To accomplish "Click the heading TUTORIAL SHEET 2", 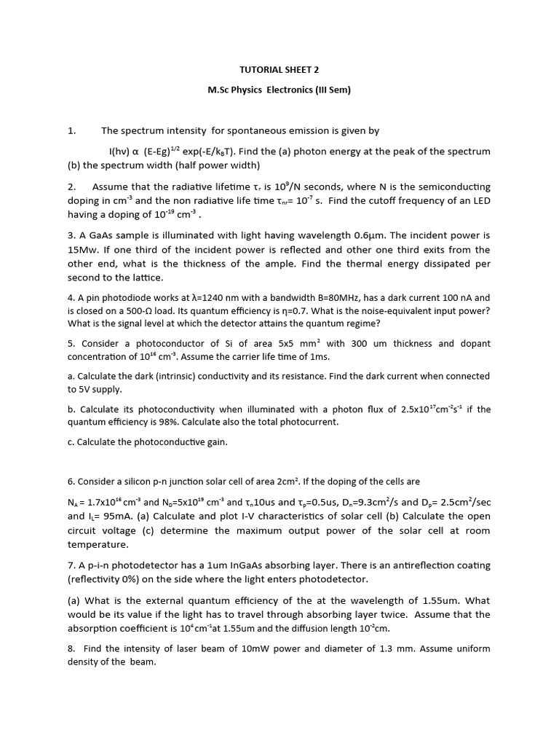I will (x=279, y=70).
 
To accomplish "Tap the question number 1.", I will (x=71, y=131).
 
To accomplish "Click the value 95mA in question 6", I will (x=114, y=517).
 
